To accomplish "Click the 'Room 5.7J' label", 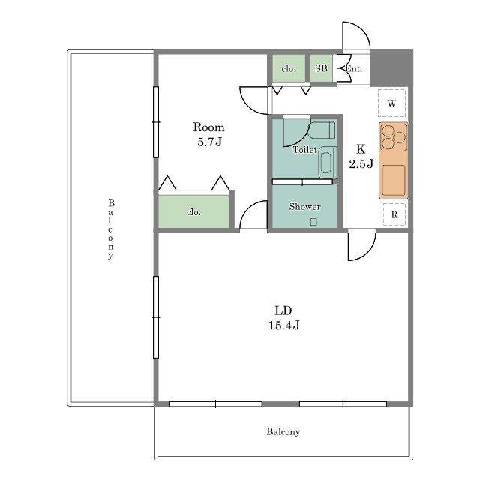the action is (x=208, y=134).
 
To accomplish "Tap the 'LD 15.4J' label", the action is (x=283, y=318).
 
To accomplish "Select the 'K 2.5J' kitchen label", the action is (x=361, y=157).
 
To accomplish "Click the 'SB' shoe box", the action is (x=321, y=68).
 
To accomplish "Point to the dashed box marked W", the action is (x=391, y=103).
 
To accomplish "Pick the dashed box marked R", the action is (x=394, y=214).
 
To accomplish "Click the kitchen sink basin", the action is (x=393, y=180).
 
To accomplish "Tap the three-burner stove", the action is (x=393, y=137).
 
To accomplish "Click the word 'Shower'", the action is (x=305, y=207).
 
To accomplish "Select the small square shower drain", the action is (x=313, y=222).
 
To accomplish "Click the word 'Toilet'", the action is (x=305, y=150).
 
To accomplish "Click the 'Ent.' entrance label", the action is (x=354, y=69).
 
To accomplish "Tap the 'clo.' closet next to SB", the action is (x=289, y=68).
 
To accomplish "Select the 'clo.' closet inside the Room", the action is (x=193, y=211).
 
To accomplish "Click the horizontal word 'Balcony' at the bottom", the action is (x=283, y=432).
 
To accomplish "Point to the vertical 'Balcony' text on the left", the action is (x=111, y=229).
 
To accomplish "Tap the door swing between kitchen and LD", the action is (x=361, y=246).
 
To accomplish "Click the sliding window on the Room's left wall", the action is (x=156, y=122).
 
